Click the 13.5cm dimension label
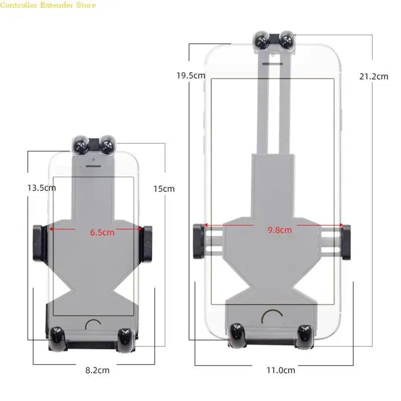pos(42,188)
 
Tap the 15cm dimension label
pos(164,189)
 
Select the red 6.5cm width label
pos(102,233)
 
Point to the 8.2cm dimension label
pos(97,370)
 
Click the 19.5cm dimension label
pos(191,76)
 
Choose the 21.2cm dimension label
pos(373,77)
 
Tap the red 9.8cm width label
pos(280,230)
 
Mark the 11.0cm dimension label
pos(281,370)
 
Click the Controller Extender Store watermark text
pos(48,5)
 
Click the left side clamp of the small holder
pos(38,243)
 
